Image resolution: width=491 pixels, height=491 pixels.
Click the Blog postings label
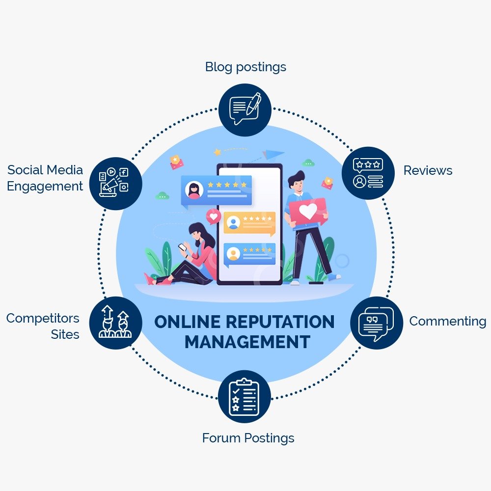(x=245, y=67)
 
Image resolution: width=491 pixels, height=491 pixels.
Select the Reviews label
(x=428, y=170)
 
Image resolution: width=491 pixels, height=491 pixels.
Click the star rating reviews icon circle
(x=368, y=173)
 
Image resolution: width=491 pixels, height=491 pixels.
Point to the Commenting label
(x=447, y=321)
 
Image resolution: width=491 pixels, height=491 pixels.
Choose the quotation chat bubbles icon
(x=376, y=323)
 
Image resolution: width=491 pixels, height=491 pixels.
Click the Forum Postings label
(x=248, y=437)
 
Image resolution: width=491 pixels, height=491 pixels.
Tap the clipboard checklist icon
(x=244, y=396)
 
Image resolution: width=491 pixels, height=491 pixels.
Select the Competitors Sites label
(x=43, y=326)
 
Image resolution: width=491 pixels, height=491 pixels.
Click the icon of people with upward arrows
(x=115, y=323)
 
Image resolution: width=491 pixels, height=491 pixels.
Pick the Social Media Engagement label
(x=45, y=178)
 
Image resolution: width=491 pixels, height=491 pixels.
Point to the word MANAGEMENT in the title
(x=247, y=342)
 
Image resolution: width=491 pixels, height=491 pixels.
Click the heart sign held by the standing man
(x=308, y=212)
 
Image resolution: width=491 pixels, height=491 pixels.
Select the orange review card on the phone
(x=249, y=223)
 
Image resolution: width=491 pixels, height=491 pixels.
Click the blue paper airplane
(x=273, y=155)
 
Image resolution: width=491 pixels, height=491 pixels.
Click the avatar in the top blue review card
(x=194, y=190)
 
